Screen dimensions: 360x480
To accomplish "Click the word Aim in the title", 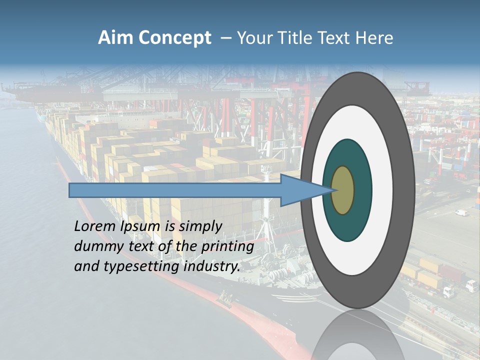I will tap(116, 38).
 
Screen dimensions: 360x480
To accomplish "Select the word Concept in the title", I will tap(174, 38).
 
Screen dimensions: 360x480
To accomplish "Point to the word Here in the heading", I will tap(374, 38).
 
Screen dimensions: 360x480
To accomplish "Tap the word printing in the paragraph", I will tap(227, 246).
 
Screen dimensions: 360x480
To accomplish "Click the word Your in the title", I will tap(251, 38).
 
